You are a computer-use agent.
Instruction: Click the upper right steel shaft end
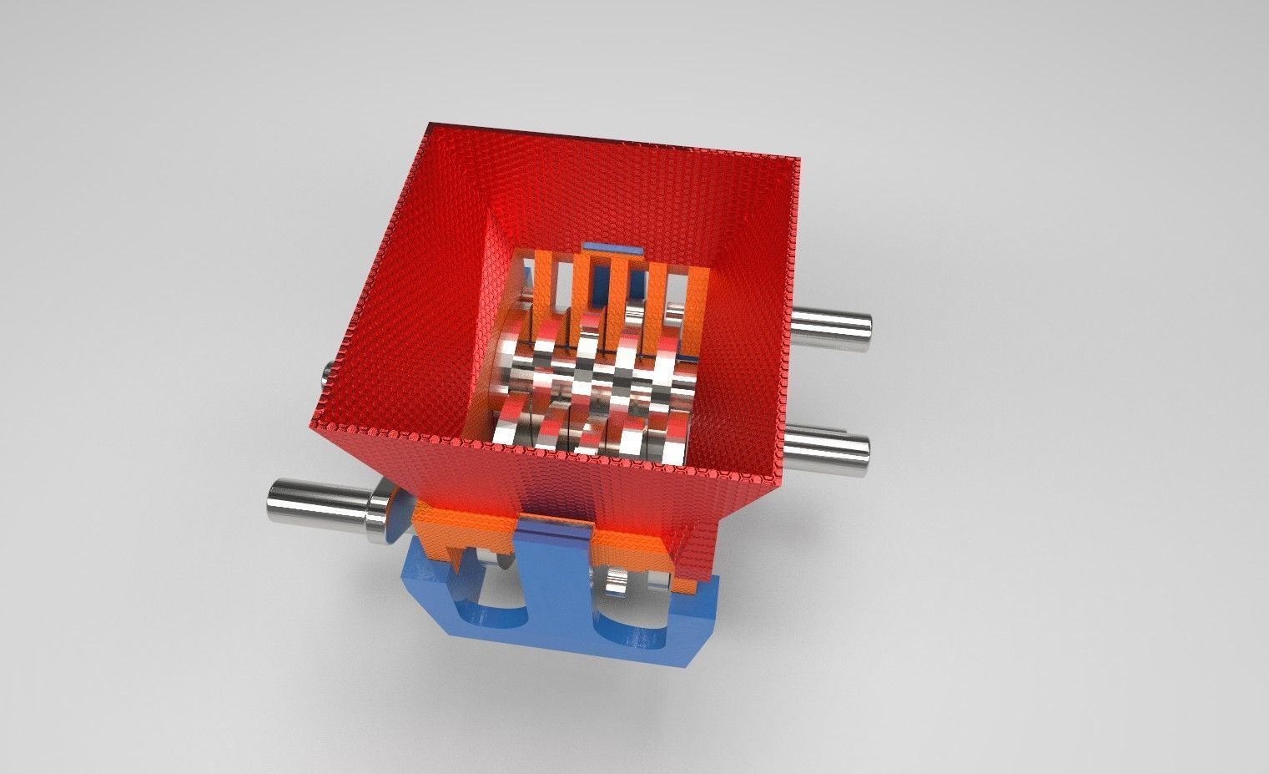(834, 323)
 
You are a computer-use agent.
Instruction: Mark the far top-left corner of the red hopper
(429, 127)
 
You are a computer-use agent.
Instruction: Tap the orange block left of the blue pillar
(463, 534)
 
